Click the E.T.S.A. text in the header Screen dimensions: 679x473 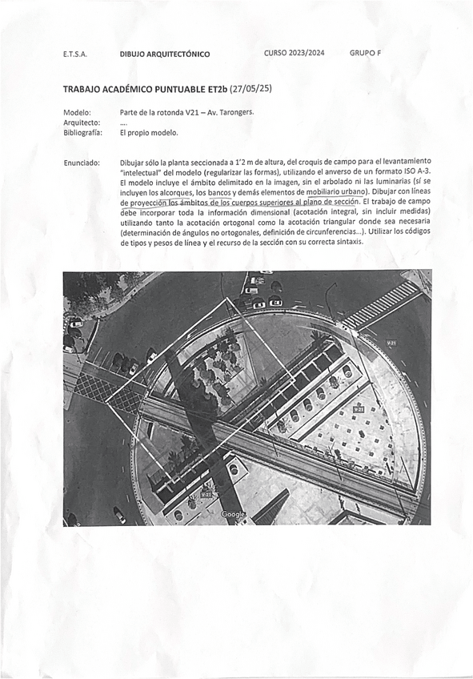pos(74,54)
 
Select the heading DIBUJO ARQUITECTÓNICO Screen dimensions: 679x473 pos(165,54)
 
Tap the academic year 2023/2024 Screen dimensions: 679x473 pos(295,54)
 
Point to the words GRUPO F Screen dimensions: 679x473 pos(366,54)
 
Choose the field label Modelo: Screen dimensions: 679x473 pos(77,112)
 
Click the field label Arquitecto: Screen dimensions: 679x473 pos(80,123)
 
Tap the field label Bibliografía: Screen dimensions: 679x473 pos(82,133)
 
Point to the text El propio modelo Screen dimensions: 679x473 pos(149,133)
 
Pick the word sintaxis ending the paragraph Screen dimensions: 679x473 pos(347,241)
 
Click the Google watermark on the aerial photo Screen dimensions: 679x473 pos(233,514)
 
